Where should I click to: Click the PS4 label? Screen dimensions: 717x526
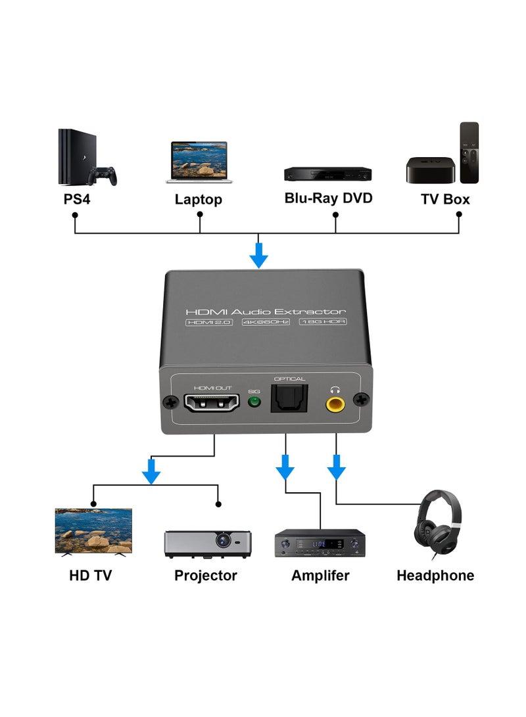tap(77, 198)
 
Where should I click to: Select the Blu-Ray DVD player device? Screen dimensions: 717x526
tap(327, 174)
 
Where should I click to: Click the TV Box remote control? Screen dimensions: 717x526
tap(469, 152)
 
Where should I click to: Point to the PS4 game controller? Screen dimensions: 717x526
tap(103, 175)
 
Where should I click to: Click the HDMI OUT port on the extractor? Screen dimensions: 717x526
tap(212, 402)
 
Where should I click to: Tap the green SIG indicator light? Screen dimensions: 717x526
tap(254, 403)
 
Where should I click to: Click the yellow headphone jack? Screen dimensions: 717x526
tap(336, 402)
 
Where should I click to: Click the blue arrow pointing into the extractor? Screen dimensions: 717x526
tap(259, 254)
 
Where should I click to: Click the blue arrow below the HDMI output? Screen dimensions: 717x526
tap(151, 471)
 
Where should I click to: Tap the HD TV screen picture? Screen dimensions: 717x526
tap(93, 530)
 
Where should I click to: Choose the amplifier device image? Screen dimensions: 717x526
tap(320, 543)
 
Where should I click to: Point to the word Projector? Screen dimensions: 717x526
tap(205, 576)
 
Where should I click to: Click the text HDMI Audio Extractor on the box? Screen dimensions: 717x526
tap(266, 311)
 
